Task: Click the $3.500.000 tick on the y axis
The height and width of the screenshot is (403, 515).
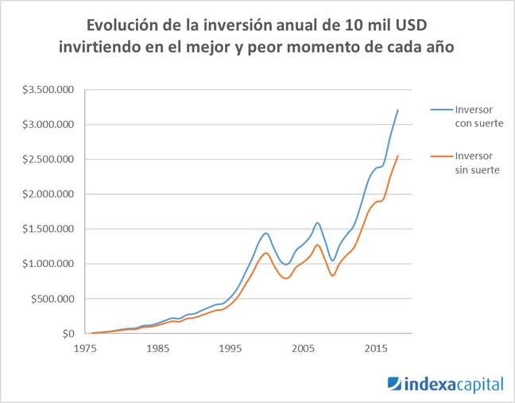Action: coord(49,90)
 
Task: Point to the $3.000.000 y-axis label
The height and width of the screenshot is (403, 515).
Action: coord(49,125)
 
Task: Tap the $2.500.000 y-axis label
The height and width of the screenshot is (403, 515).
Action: coord(49,160)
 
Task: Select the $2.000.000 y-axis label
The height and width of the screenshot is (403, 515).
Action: coord(49,195)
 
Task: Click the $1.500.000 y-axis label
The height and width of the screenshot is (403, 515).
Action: coord(49,230)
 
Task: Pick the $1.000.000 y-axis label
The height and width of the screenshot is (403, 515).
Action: coord(49,265)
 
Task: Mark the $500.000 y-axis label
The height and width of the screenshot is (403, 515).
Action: coord(54,300)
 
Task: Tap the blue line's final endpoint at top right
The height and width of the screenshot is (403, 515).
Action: coord(397,110)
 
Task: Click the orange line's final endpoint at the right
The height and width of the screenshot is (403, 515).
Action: coord(397,156)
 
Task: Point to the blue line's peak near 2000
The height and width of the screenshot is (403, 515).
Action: coord(266,233)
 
